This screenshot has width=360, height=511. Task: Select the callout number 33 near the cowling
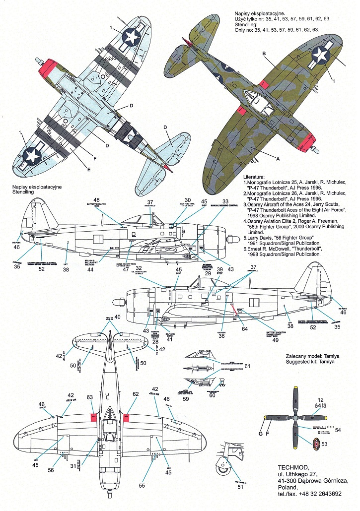(x=225, y=201)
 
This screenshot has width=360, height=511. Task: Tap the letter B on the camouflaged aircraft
(x=265, y=54)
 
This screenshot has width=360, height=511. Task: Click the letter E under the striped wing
(x=89, y=170)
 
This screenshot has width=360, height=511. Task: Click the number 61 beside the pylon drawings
(x=247, y=366)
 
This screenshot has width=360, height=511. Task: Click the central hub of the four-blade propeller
(x=294, y=419)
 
